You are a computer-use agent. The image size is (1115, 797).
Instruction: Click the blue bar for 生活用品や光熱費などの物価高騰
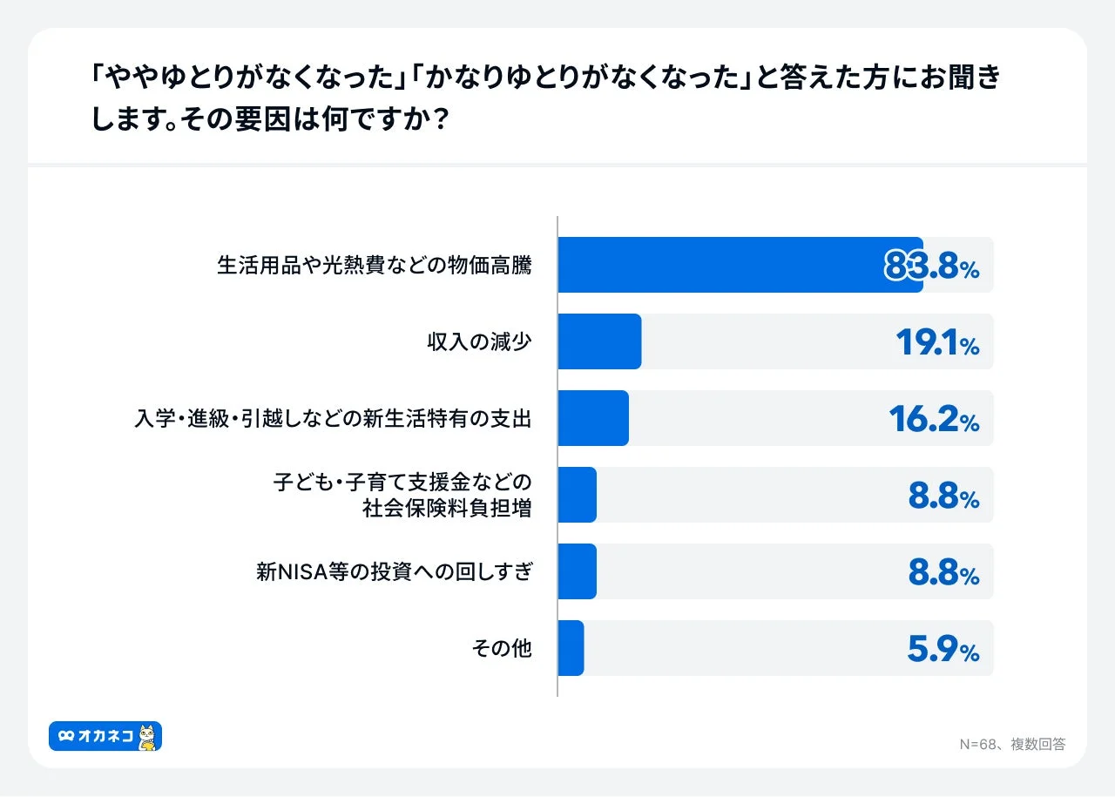[x=740, y=265]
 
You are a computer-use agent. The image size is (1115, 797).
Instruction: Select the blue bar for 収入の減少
[x=599, y=341]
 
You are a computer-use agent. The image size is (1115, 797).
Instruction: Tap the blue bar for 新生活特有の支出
[x=592, y=418]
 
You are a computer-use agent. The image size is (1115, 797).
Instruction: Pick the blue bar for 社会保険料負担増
[x=577, y=495]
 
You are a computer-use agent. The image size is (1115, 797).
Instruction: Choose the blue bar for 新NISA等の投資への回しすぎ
[x=577, y=571]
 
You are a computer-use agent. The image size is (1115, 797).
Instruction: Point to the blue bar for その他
[x=571, y=648]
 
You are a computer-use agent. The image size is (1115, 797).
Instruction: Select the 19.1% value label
[x=937, y=343]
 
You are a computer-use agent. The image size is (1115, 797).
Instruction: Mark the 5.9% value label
[x=943, y=650]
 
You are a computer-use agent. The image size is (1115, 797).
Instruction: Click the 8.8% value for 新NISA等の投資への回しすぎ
[x=943, y=573]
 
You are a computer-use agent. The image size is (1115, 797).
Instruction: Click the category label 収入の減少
[x=479, y=342]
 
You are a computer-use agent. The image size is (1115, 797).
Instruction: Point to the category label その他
[x=502, y=649]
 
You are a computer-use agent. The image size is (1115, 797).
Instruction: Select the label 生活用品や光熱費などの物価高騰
[x=374, y=266]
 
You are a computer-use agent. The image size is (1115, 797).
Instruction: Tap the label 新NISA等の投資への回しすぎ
[x=394, y=572]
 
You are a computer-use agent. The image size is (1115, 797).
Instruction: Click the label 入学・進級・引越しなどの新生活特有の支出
[x=333, y=419]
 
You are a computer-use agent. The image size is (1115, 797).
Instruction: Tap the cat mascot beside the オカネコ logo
[x=149, y=737]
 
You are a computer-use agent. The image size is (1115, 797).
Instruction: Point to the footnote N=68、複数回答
[x=1012, y=744]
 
